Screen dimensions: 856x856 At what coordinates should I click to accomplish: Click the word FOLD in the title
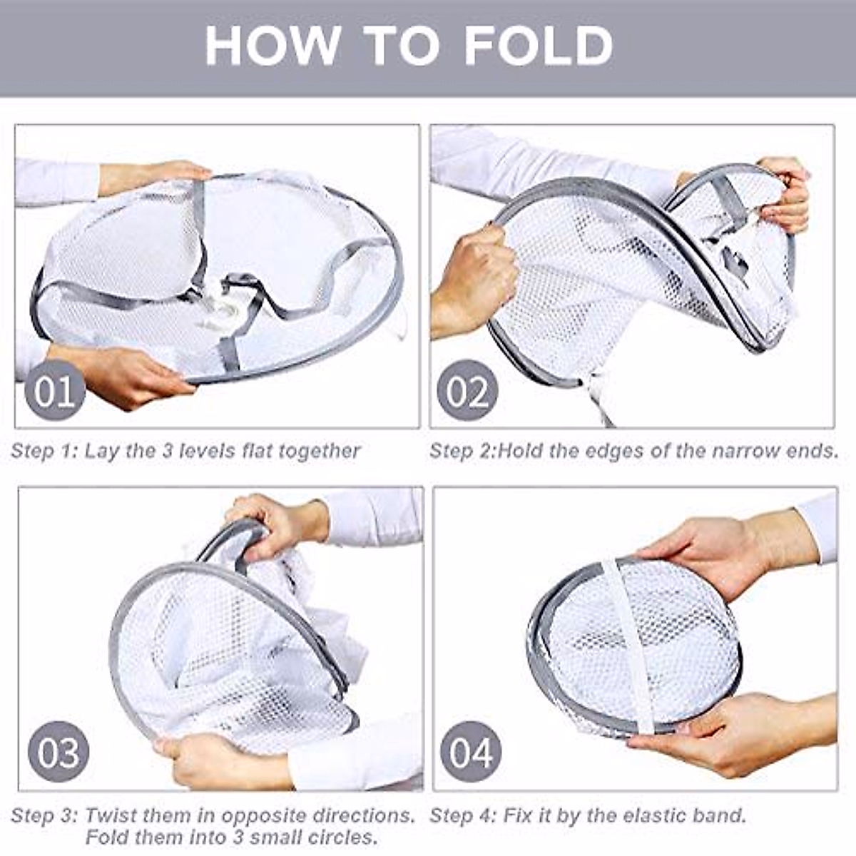[539, 46]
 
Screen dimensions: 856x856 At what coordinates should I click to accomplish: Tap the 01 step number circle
[55, 390]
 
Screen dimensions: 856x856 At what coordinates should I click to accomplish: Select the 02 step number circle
[468, 390]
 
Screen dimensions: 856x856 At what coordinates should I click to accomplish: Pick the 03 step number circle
[58, 751]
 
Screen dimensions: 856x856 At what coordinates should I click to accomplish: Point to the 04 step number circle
[471, 751]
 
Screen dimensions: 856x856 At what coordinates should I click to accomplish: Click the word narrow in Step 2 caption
[711, 451]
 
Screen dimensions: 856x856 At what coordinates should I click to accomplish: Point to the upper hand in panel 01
[164, 175]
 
